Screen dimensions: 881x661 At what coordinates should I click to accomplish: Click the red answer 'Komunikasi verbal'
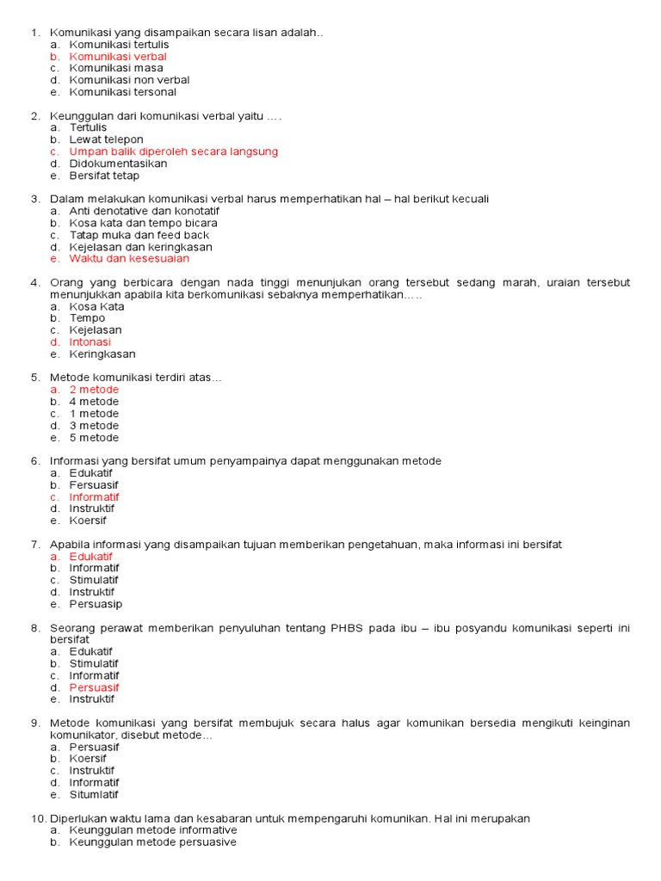point(118,56)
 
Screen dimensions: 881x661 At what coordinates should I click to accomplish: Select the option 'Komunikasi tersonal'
point(123,92)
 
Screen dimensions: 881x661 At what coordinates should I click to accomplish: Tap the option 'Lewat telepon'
point(107,139)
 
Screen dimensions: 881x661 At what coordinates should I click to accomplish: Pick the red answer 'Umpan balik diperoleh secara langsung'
point(173,151)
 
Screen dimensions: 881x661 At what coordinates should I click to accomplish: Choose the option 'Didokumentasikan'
point(118,163)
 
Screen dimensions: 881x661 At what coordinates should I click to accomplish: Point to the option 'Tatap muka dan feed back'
point(139,235)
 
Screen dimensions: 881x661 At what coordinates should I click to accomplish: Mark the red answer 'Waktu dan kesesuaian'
point(129,258)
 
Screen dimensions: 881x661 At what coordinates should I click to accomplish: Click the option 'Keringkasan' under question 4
point(102,354)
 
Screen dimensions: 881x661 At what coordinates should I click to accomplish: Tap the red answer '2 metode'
point(94,390)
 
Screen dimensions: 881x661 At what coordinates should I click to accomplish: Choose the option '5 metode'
point(94,437)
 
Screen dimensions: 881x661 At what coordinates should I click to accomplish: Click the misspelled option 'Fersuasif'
point(94,484)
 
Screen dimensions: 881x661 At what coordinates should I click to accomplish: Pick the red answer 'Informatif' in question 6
point(94,496)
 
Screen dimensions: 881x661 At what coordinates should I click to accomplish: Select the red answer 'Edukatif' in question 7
point(91,556)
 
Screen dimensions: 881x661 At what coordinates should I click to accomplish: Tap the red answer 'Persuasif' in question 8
point(94,687)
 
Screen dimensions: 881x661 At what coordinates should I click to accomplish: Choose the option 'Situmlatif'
point(94,794)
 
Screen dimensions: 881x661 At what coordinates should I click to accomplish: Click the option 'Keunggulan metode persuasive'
point(152,842)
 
